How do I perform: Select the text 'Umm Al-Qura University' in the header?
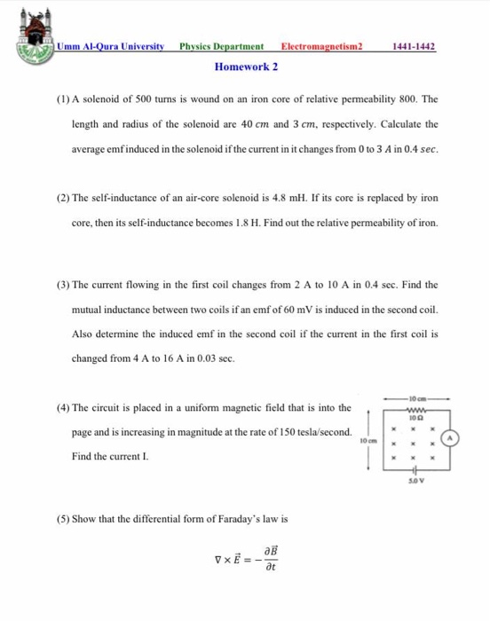pyautogui.click(x=111, y=46)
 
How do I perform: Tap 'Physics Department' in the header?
pyautogui.click(x=221, y=46)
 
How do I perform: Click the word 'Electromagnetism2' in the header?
pyautogui.click(x=322, y=46)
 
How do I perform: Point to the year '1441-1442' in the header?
pyautogui.click(x=414, y=46)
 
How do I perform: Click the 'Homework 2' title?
pyautogui.click(x=247, y=67)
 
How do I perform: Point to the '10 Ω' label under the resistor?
pyautogui.click(x=415, y=417)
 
